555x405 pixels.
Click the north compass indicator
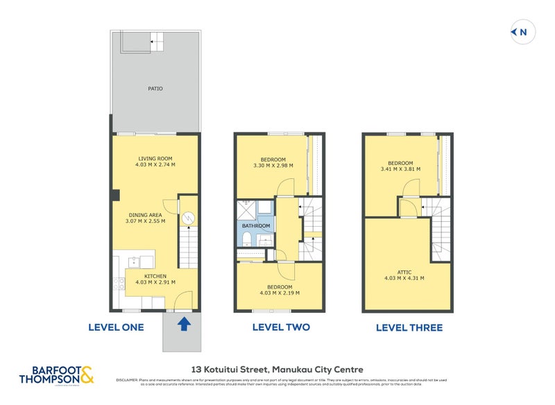click(x=520, y=32)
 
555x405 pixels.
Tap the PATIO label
click(x=155, y=89)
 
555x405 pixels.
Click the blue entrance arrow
click(x=183, y=323)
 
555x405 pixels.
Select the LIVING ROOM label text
click(x=155, y=159)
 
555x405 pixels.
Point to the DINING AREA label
click(x=145, y=215)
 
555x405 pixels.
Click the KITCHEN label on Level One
click(x=155, y=276)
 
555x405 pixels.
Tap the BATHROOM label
click(x=255, y=226)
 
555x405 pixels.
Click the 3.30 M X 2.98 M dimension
click(x=273, y=166)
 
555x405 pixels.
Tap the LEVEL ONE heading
click(x=116, y=327)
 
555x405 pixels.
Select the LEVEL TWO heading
click(x=280, y=327)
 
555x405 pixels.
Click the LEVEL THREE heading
click(x=409, y=327)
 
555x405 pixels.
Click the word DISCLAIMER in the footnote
click(x=127, y=379)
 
